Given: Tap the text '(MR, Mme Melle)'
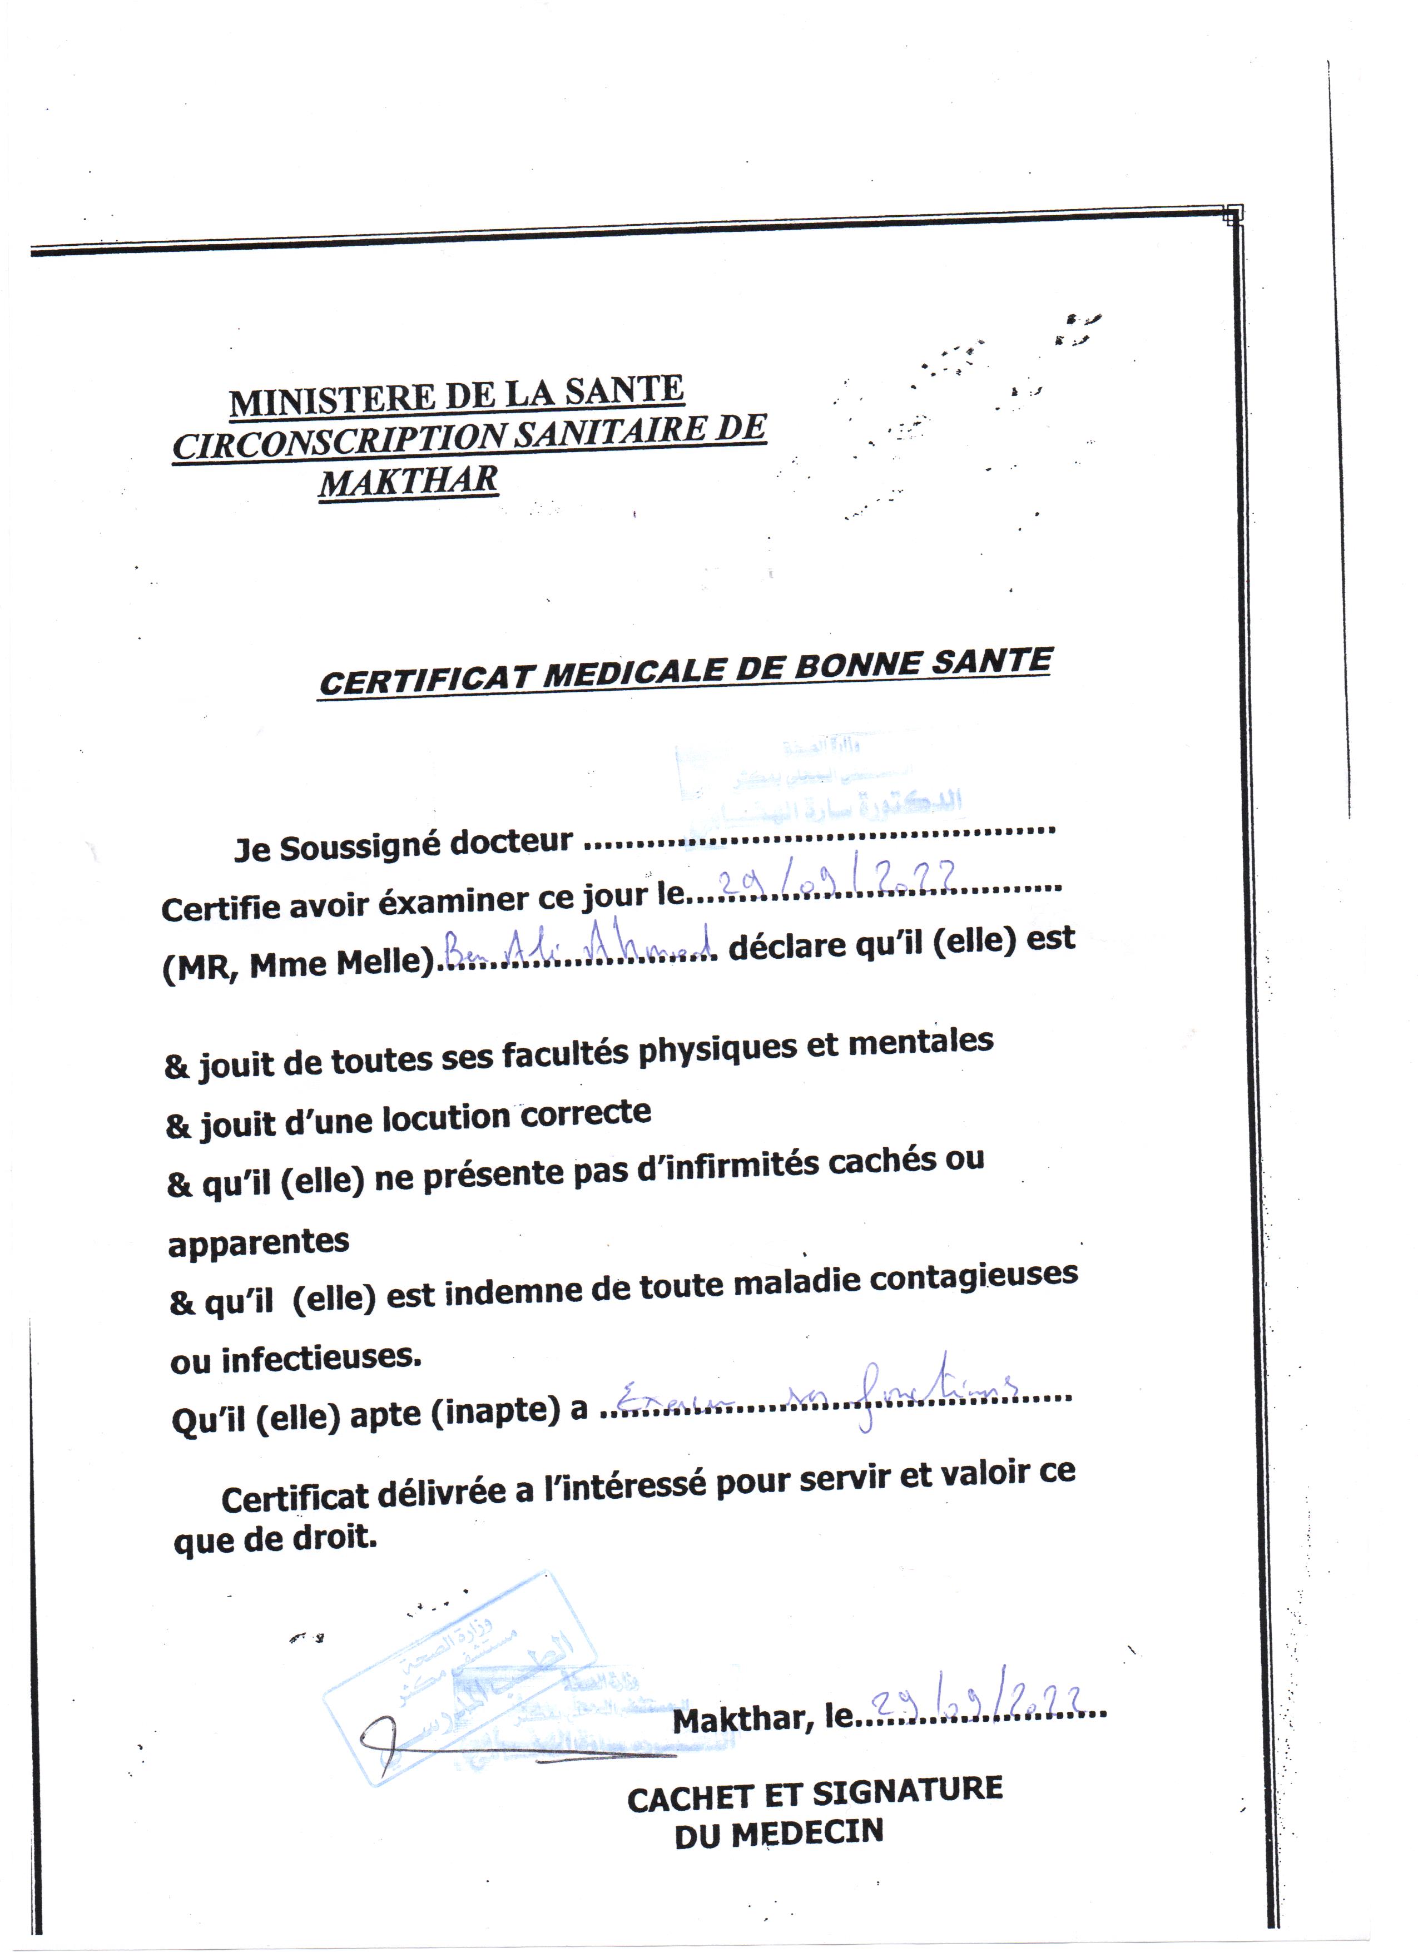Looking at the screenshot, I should point(298,964).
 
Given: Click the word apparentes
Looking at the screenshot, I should point(258,1242).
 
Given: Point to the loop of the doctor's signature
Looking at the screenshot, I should point(379,1734).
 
